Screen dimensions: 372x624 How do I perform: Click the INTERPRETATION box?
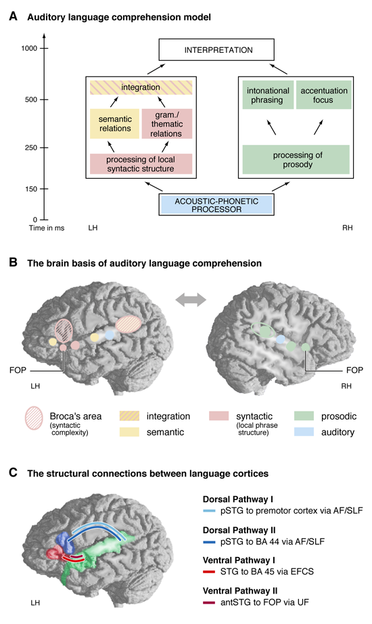[x=216, y=50]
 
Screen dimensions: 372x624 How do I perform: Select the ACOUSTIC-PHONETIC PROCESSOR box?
[x=216, y=204]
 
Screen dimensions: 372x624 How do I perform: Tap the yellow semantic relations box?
[x=114, y=124]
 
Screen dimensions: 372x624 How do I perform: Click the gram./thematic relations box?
[x=166, y=124]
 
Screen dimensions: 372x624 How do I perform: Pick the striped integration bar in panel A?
[x=141, y=87]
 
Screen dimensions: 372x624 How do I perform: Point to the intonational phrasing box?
[x=268, y=95]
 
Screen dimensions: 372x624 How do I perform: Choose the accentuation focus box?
[x=324, y=95]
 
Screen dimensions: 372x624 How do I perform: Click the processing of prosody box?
[x=296, y=160]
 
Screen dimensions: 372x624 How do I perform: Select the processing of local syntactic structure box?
[x=141, y=164]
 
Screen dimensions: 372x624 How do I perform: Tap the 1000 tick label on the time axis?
[x=29, y=48]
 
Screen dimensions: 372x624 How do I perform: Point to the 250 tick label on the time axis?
[x=31, y=148]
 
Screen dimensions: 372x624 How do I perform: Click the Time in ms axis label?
[x=47, y=228]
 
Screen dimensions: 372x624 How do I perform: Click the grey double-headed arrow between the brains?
[x=191, y=300]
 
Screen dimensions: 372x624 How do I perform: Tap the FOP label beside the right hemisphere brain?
[x=354, y=370]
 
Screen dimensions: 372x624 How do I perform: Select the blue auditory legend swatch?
[x=304, y=432]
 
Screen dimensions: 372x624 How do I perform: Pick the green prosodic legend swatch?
[x=304, y=416]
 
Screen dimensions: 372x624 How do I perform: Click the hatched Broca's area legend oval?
[x=34, y=418]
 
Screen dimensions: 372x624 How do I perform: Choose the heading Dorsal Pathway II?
[x=239, y=530]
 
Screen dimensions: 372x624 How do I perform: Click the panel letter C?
[x=13, y=473]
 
